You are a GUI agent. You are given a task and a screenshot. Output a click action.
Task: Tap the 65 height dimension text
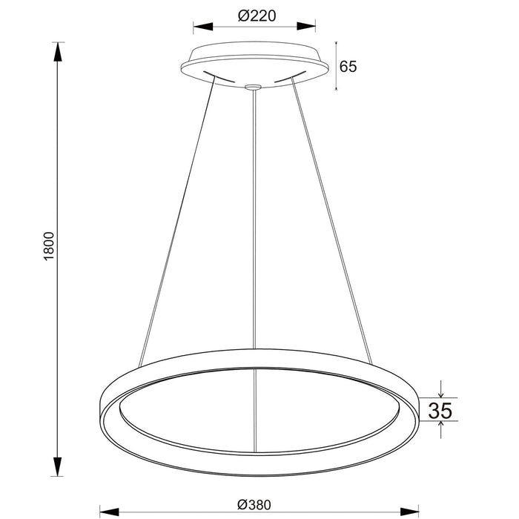(x=348, y=66)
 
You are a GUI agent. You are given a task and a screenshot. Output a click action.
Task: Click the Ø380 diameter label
(x=254, y=504)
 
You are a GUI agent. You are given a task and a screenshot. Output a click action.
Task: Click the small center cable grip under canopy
(x=254, y=87)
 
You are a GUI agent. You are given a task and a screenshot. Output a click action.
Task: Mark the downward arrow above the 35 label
(x=441, y=392)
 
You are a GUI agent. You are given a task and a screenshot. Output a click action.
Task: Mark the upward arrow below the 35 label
(x=441, y=425)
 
